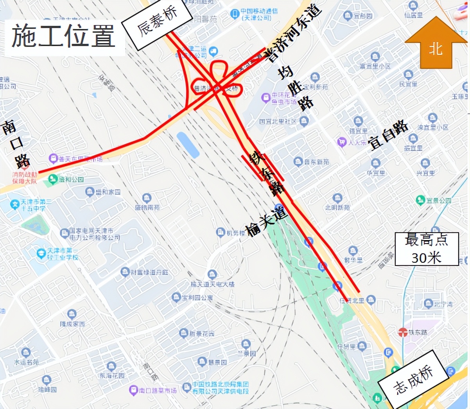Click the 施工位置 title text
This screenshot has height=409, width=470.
point(63,36)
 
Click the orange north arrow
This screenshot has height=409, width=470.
point(436,43)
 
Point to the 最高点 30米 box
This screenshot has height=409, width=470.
point(426,249)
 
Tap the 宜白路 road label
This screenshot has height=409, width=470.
point(388,135)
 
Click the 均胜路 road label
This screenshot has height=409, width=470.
point(296,88)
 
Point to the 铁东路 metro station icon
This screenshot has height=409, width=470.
point(403,332)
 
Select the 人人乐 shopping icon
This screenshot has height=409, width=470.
point(342,142)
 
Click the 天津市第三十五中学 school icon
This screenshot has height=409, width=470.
point(15,204)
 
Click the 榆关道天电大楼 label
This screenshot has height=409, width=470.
point(213,284)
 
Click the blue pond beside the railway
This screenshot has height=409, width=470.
point(188,145)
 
